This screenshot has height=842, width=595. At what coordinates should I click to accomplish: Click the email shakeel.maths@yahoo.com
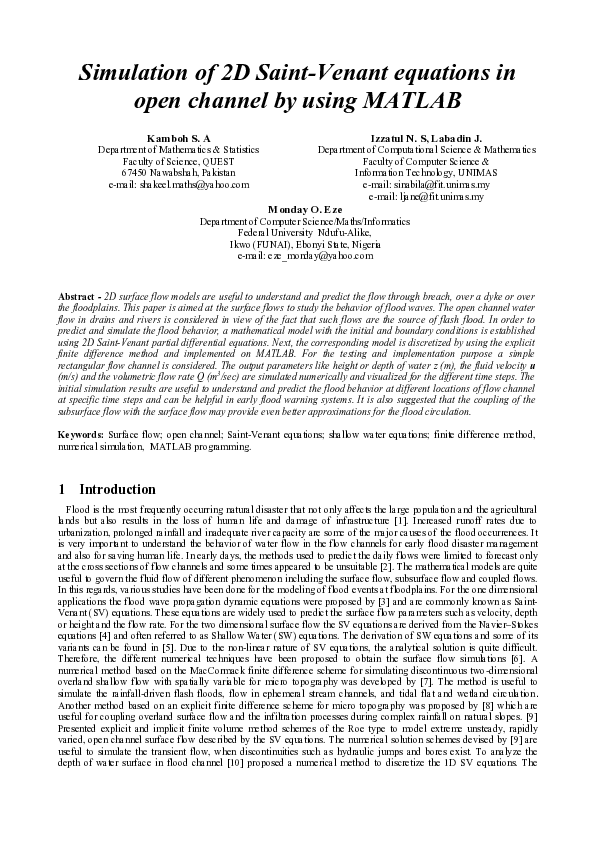pos(178,185)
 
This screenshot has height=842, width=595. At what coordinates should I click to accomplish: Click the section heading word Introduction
pos(117,490)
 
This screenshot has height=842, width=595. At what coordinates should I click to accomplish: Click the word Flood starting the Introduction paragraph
pos(78,511)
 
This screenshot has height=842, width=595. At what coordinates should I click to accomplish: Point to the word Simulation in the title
pos(136,73)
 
